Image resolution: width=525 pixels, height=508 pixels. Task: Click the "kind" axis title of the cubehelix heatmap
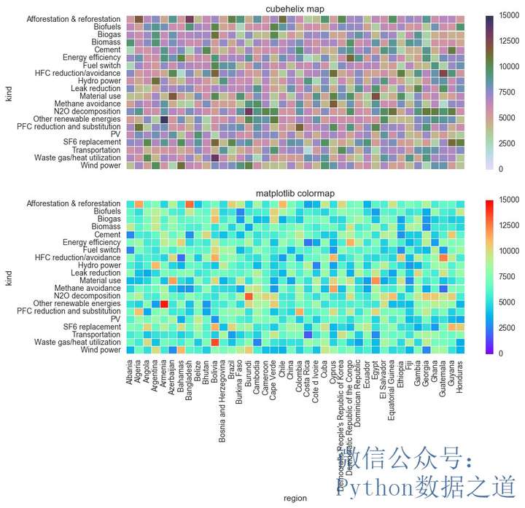[9, 93]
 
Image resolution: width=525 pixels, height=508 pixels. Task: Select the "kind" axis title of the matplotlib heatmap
[9, 277]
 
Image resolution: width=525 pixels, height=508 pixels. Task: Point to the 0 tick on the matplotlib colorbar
[499, 353]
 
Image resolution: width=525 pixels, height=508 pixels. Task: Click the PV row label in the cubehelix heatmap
[115, 135]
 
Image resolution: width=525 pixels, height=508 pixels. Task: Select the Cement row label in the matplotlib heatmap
[108, 235]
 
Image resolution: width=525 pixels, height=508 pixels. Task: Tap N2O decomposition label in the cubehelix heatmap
[87, 112]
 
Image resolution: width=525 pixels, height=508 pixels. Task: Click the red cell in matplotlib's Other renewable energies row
[165, 304]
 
